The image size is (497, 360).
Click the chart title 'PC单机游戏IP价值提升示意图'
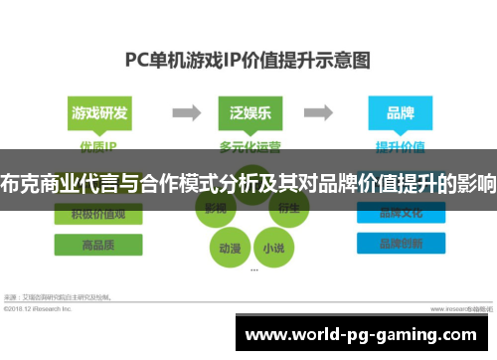click(x=248, y=60)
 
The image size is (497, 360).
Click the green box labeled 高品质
click(x=97, y=244)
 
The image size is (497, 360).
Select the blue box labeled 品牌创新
click(x=399, y=244)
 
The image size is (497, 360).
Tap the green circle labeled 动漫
click(x=229, y=247)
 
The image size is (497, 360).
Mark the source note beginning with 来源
click(x=70, y=296)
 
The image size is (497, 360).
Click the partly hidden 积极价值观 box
click(x=97, y=212)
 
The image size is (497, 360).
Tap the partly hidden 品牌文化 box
click(x=399, y=212)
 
